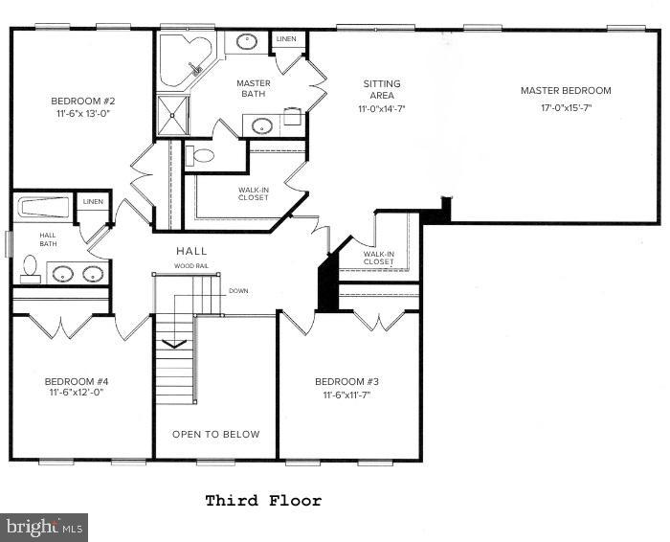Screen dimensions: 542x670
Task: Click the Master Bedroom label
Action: pos(565,91)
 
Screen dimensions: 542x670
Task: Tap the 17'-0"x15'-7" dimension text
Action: pos(566,108)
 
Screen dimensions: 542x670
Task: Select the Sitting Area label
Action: pos(381,90)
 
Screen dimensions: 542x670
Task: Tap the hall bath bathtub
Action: pos(44,208)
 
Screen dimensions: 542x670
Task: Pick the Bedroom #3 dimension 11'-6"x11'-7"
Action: pos(348,394)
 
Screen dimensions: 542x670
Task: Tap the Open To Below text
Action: pos(215,434)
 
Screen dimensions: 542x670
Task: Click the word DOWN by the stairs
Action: pos(238,290)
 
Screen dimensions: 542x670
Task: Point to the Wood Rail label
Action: pos(191,265)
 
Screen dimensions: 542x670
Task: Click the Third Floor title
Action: pos(263,501)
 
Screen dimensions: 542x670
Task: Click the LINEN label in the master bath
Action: pos(286,39)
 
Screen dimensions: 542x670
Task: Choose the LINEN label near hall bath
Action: pos(93,201)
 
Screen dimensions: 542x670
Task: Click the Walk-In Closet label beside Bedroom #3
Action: pos(378,258)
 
